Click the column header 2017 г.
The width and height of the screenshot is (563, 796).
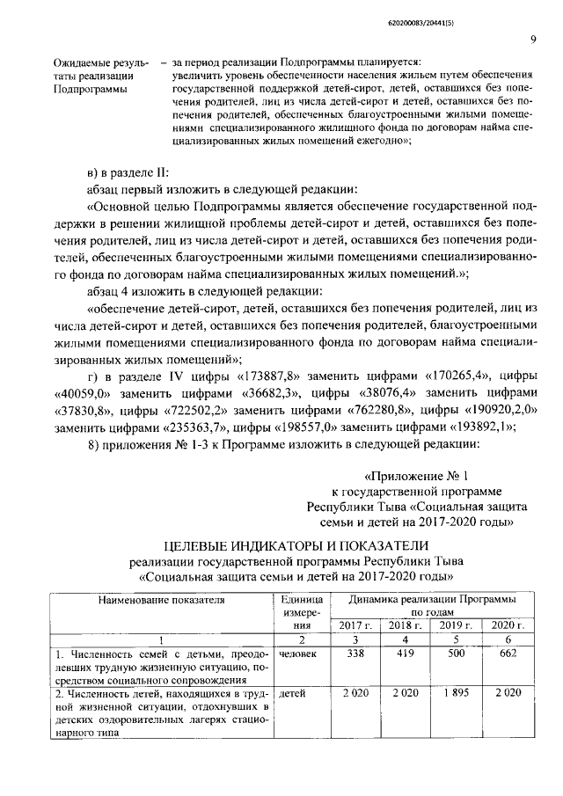(x=332, y=624)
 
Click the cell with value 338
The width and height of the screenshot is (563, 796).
(x=332, y=654)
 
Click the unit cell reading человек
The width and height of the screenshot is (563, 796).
(x=298, y=654)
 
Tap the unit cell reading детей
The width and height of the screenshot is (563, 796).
(x=291, y=694)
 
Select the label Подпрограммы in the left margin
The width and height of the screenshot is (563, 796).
(x=90, y=90)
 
